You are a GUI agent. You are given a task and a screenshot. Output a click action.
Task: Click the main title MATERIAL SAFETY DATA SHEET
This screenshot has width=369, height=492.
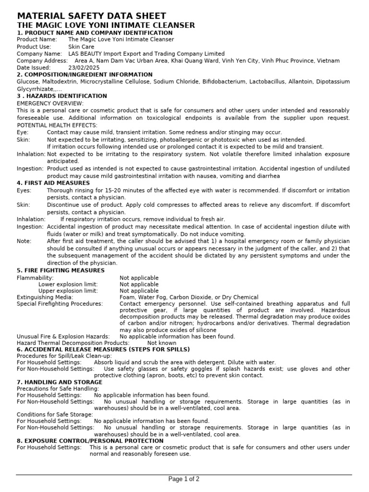(x=92, y=16)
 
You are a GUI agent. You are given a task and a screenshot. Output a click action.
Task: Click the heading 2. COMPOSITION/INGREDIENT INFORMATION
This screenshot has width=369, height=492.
(x=85, y=74)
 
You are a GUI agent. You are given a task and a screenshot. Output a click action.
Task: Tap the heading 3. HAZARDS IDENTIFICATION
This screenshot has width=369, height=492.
(x=62, y=96)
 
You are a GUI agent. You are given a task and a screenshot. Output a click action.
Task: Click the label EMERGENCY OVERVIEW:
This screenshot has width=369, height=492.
(x=50, y=103)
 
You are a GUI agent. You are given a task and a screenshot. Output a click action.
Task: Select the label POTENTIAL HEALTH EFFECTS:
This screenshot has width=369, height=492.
(x=57, y=125)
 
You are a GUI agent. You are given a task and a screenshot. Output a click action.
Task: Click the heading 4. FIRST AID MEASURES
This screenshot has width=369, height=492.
(x=53, y=183)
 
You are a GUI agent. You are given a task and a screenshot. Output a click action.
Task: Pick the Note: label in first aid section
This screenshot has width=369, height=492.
(x=24, y=241)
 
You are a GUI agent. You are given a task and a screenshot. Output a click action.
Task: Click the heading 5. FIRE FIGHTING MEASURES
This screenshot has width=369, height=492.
(x=61, y=271)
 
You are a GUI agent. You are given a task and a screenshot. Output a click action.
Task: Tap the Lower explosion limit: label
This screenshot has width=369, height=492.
(x=68, y=284)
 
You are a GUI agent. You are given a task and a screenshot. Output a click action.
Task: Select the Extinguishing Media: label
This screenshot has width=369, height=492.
(x=45, y=297)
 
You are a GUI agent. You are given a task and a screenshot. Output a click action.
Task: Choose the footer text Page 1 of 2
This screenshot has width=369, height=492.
(x=184, y=479)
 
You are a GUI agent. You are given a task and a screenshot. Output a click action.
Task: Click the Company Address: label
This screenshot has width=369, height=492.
(x=42, y=61)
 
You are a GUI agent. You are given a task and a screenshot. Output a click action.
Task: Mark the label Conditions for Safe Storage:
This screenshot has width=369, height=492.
(x=55, y=414)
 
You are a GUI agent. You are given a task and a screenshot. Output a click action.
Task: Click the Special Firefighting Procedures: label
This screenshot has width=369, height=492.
(x=60, y=304)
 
